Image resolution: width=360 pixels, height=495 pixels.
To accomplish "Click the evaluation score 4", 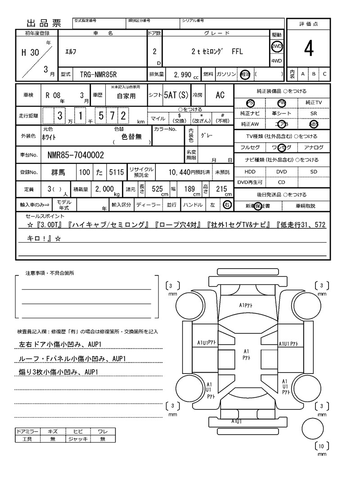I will (x=308, y=49).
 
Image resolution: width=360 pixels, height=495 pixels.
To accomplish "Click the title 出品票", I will (x=44, y=23).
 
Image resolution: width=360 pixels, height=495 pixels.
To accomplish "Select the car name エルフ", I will (x=70, y=52).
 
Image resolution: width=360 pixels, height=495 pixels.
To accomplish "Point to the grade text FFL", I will (x=237, y=52).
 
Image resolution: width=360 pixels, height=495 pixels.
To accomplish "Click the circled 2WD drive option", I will (x=276, y=47).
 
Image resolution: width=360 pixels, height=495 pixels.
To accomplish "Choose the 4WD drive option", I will (x=276, y=61).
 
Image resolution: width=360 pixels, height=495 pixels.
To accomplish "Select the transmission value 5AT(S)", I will (x=176, y=95).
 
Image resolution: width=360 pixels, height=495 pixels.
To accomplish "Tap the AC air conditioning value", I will (x=220, y=95).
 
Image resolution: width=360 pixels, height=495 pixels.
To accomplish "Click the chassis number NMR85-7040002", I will (x=76, y=155).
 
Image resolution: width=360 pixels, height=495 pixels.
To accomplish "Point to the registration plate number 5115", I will (x=116, y=172).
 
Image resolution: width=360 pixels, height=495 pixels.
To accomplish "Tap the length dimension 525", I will (x=157, y=189).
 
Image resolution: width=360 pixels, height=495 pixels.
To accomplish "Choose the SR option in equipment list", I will (x=314, y=114).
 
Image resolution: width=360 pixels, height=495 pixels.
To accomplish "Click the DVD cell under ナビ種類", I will (x=282, y=172).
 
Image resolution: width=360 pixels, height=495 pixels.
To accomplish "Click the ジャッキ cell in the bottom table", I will (x=77, y=439).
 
